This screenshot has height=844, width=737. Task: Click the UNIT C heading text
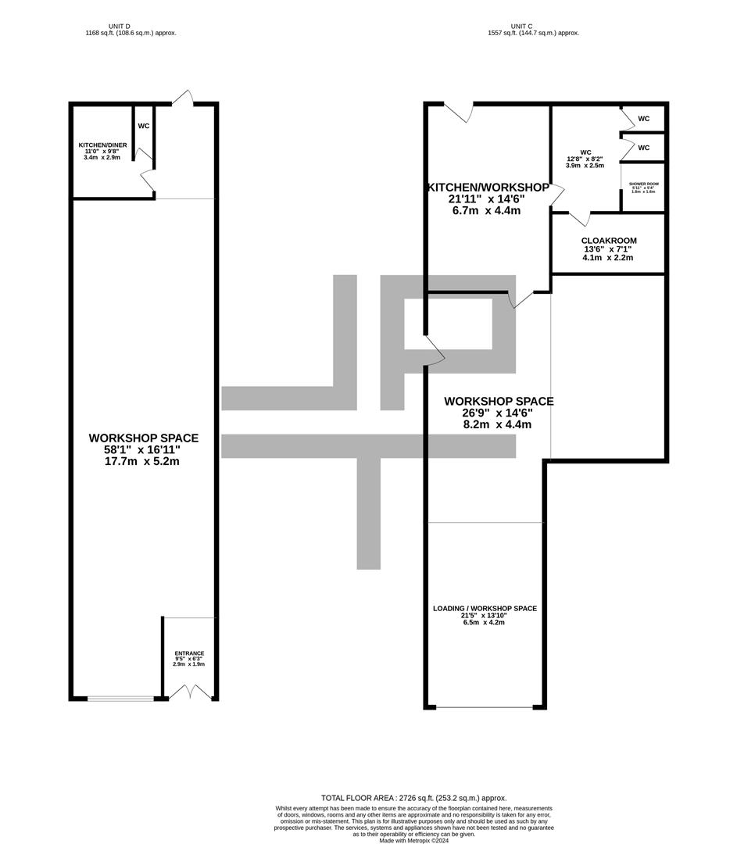click(533, 27)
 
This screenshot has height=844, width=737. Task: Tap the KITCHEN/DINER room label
click(102, 145)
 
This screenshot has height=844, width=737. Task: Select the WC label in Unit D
click(144, 126)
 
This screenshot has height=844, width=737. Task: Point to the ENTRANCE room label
click(188, 653)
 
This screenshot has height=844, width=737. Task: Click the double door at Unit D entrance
click(190, 692)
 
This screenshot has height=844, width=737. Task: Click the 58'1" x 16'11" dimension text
click(143, 450)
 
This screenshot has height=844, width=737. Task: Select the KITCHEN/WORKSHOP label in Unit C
click(488, 188)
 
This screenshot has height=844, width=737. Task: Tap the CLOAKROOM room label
click(608, 241)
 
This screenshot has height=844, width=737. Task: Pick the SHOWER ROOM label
click(643, 184)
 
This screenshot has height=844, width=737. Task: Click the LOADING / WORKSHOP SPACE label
click(485, 608)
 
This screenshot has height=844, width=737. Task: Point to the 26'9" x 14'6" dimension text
click(499, 413)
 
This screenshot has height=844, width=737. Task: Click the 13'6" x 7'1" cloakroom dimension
click(608, 250)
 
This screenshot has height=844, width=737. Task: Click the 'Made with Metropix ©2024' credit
click(414, 840)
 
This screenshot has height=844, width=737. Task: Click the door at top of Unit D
click(183, 98)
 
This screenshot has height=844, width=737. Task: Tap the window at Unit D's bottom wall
click(120, 698)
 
